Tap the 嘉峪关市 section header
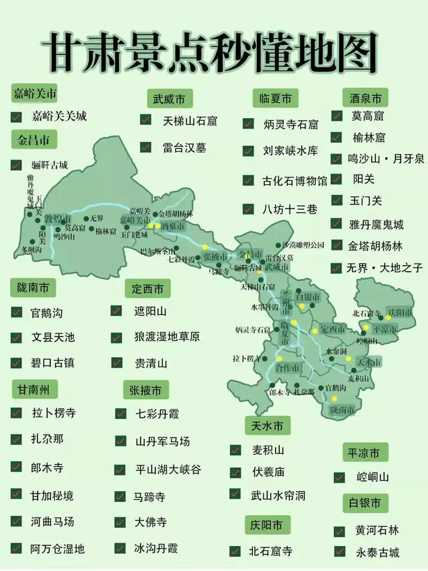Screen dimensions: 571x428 [35, 94]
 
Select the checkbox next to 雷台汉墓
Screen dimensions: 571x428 [146, 147]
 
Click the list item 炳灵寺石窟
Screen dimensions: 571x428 [291, 124]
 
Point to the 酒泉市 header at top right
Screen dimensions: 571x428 [365, 98]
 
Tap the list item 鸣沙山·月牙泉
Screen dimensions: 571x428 [385, 158]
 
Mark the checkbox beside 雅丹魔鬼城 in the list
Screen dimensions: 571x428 [337, 223]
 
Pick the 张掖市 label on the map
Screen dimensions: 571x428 [215, 257]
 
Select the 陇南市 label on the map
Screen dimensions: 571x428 [342, 410]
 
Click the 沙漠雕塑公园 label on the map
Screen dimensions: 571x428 [303, 246]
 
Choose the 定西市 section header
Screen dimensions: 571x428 [147, 290]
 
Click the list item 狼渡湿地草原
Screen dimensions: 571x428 [167, 337]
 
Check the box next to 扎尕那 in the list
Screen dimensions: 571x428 [17, 439]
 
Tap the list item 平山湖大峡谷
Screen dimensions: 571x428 [167, 470]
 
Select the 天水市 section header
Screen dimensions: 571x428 [267, 427]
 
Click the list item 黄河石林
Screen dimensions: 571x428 [377, 530]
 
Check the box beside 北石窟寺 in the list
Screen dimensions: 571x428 [235, 551]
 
